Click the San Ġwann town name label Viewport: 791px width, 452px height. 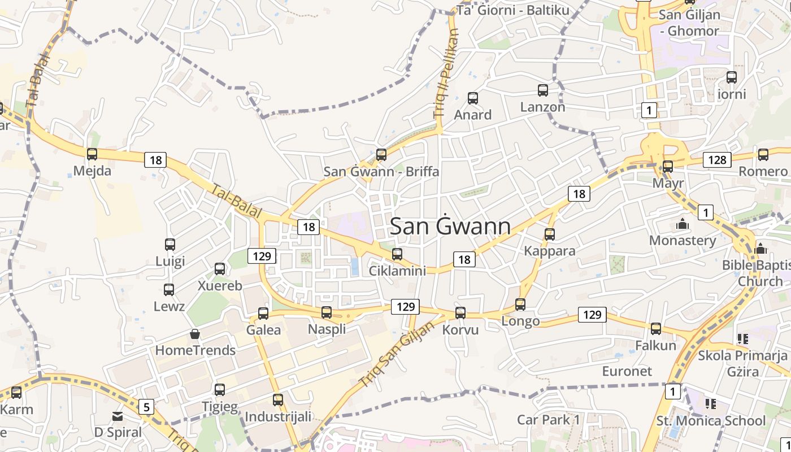pyautogui.click(x=450, y=227)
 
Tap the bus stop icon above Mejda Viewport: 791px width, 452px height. pyautogui.click(x=92, y=154)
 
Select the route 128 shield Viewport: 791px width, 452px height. pyautogui.click(x=717, y=160)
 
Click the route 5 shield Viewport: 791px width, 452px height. pyautogui.click(x=146, y=406)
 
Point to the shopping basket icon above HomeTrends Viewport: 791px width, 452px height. pyautogui.click(x=195, y=334)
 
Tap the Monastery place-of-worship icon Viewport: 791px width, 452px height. pyautogui.click(x=683, y=224)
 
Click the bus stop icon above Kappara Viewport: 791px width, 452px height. pyautogui.click(x=550, y=234)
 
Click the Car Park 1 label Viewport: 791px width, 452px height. pyautogui.click(x=549, y=420)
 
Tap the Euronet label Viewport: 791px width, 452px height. pyautogui.click(x=627, y=371)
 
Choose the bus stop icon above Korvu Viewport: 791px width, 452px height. pyautogui.click(x=460, y=313)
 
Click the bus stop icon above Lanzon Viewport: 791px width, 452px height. pyautogui.click(x=542, y=90)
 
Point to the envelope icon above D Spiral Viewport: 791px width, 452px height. pyautogui.click(x=118, y=416)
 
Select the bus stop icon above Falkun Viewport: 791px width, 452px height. pyautogui.click(x=655, y=328)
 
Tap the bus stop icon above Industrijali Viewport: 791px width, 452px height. pyautogui.click(x=277, y=400)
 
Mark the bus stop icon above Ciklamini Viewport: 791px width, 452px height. pyautogui.click(x=397, y=254)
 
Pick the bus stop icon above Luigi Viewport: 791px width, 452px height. pyautogui.click(x=170, y=245)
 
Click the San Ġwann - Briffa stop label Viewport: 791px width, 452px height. pyautogui.click(x=381, y=171)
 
